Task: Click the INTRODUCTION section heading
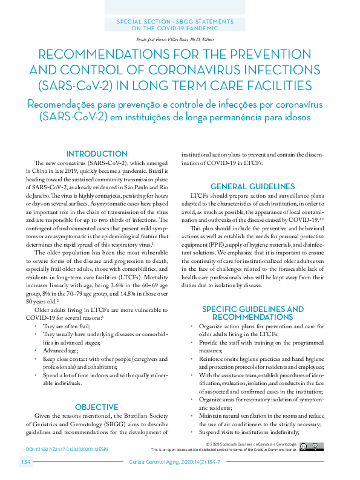tap(97, 154)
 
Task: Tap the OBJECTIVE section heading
tap(97, 407)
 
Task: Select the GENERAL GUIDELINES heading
tap(252, 187)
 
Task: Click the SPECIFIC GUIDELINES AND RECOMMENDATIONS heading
tap(252, 313)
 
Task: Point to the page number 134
tap(26, 462)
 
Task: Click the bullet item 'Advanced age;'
tap(61, 350)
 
